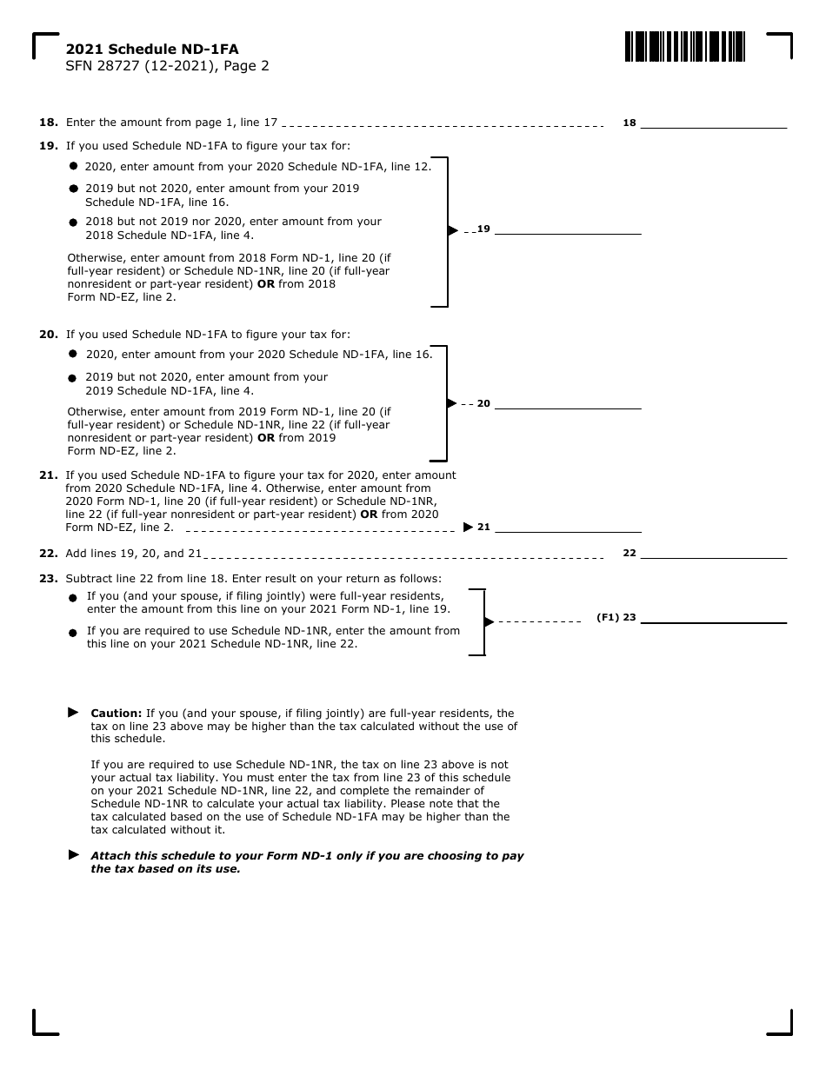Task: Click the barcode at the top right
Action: [x=684, y=46]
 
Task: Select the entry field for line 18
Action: [x=714, y=123]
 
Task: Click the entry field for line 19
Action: [x=568, y=229]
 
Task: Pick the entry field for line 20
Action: [x=568, y=403]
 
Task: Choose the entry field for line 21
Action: [x=568, y=527]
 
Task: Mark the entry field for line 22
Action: [x=714, y=553]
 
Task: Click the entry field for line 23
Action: [x=714, y=617]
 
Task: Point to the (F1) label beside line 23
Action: [x=607, y=618]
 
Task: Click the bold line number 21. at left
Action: [x=49, y=475]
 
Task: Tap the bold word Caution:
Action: [x=117, y=713]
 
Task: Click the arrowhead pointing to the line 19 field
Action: [x=452, y=230]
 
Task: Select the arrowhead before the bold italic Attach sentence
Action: [x=74, y=855]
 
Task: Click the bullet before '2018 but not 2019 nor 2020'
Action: [x=73, y=222]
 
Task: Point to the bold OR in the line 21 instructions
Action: [x=369, y=515]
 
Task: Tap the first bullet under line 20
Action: [x=73, y=354]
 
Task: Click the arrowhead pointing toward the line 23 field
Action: [x=489, y=621]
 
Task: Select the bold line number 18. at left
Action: [x=49, y=123]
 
